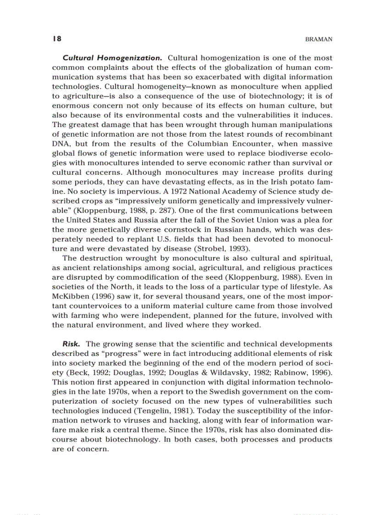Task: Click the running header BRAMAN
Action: click(319, 40)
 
